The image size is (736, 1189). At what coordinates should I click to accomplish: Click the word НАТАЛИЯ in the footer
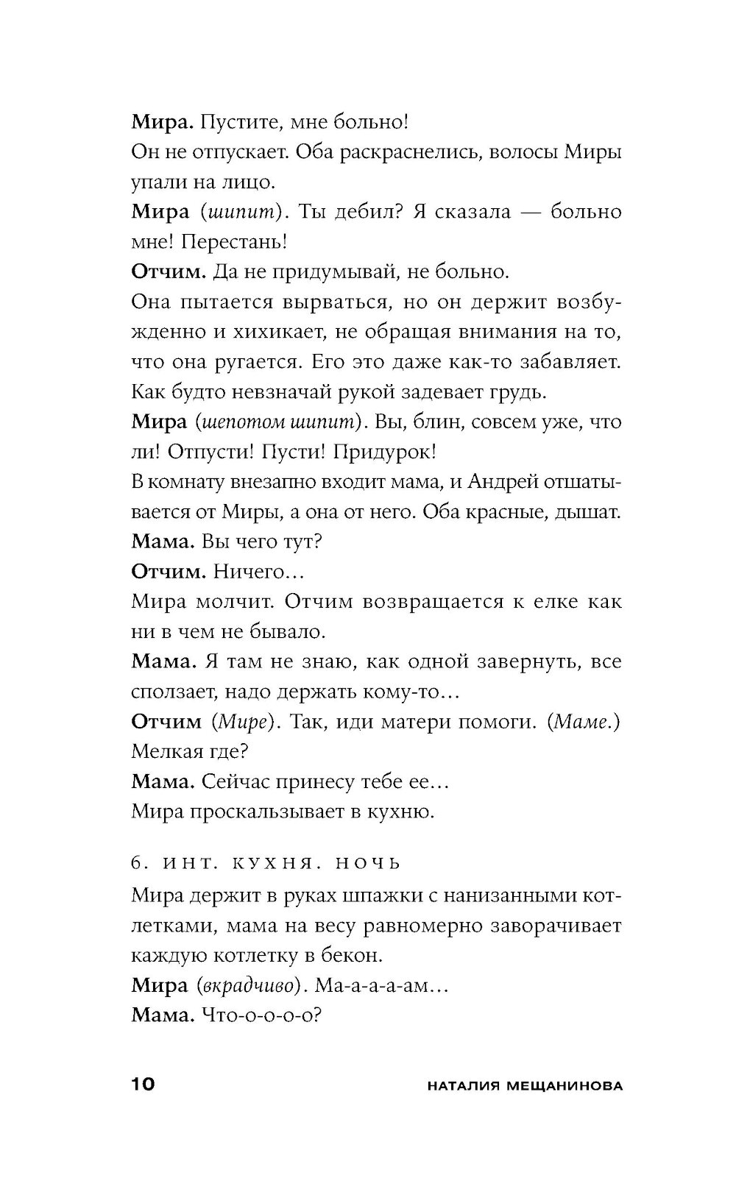[456, 1086]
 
